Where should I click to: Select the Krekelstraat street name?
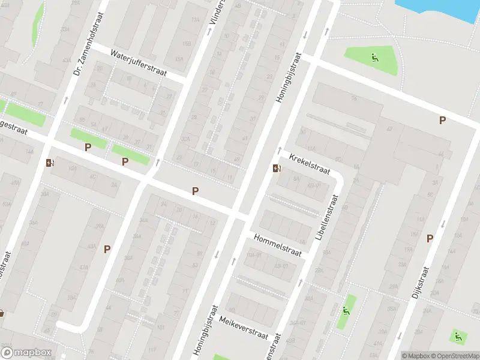point(310,164)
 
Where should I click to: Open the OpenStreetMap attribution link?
point(455,356)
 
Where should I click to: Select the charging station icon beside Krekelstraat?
point(276,169)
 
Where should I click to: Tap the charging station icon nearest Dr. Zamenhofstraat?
point(49,163)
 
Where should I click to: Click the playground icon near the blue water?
point(375,58)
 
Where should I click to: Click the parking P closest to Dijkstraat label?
point(430,239)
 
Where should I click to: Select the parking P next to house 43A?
point(107,249)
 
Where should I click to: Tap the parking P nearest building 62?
point(442,121)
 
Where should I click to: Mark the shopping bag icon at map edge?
point(2,313)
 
